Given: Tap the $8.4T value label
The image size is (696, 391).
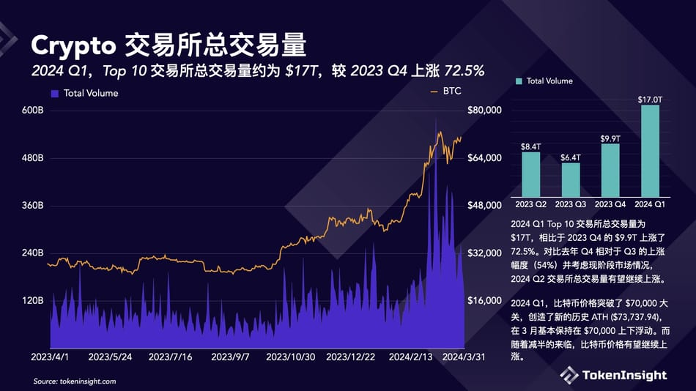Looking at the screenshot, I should click(x=530, y=146).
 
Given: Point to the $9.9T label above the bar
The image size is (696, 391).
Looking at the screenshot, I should click(x=610, y=138).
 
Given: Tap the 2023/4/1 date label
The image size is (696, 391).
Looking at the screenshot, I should click(x=51, y=357).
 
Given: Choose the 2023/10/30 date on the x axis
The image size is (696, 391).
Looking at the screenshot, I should click(x=290, y=357).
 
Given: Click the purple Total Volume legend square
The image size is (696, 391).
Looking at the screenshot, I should click(x=55, y=94).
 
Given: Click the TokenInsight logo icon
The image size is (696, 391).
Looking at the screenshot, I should click(x=569, y=375).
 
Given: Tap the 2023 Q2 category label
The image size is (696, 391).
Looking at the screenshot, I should click(x=531, y=204).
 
